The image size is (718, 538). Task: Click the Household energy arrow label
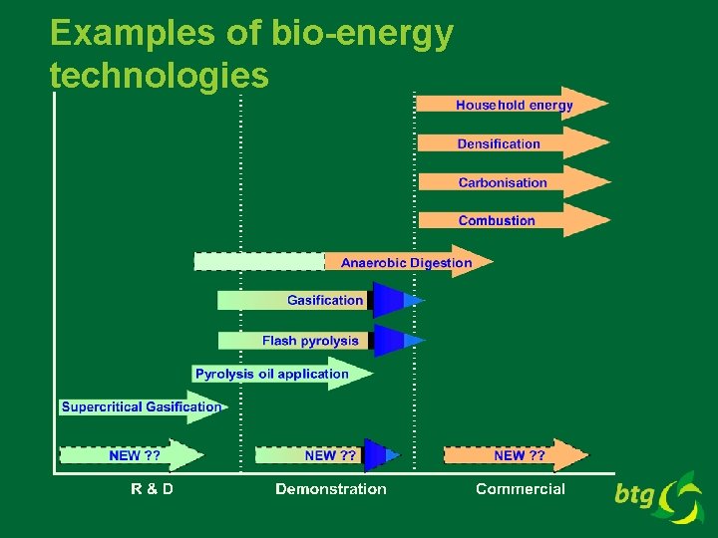click(x=514, y=105)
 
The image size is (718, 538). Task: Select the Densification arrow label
click(x=499, y=143)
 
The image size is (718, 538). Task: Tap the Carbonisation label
click(x=503, y=182)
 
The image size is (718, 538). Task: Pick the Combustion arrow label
click(x=497, y=220)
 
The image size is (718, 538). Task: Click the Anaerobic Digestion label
click(x=406, y=263)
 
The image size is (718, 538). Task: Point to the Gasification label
click(x=325, y=300)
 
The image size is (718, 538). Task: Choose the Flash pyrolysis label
click(x=310, y=341)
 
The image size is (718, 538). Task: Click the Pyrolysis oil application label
click(x=272, y=375)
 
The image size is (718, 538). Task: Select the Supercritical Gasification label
click(x=141, y=406)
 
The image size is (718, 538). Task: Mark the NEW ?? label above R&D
click(x=135, y=455)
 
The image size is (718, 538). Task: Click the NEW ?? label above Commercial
click(x=520, y=455)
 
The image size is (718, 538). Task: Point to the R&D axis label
click(x=152, y=488)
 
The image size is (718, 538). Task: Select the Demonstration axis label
click(x=331, y=488)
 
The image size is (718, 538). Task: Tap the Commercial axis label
click(x=521, y=488)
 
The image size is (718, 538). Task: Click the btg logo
click(x=659, y=496)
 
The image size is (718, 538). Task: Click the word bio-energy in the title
click(x=362, y=34)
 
